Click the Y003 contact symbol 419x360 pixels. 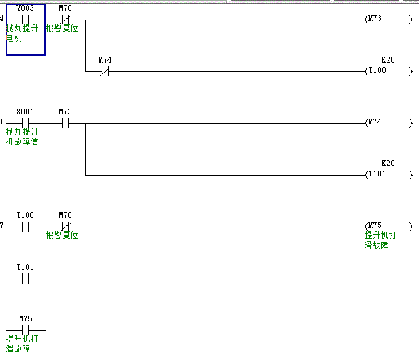point(25,20)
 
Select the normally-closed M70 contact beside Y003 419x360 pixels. point(65,20)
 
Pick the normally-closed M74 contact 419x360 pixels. point(105,71)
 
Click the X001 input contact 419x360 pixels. point(25,123)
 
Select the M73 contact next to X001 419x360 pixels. point(65,123)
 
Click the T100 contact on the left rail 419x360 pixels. point(25,227)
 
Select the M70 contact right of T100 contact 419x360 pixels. point(65,227)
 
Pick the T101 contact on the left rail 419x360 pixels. point(25,279)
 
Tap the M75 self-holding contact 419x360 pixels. point(25,330)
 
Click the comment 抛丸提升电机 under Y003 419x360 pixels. point(22,33)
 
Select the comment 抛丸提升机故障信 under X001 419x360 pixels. point(22,137)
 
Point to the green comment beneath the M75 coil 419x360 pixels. point(380,240)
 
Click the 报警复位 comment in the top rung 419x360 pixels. point(62,28)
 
